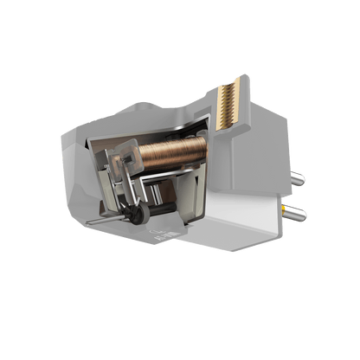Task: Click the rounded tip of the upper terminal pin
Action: [306, 181]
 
